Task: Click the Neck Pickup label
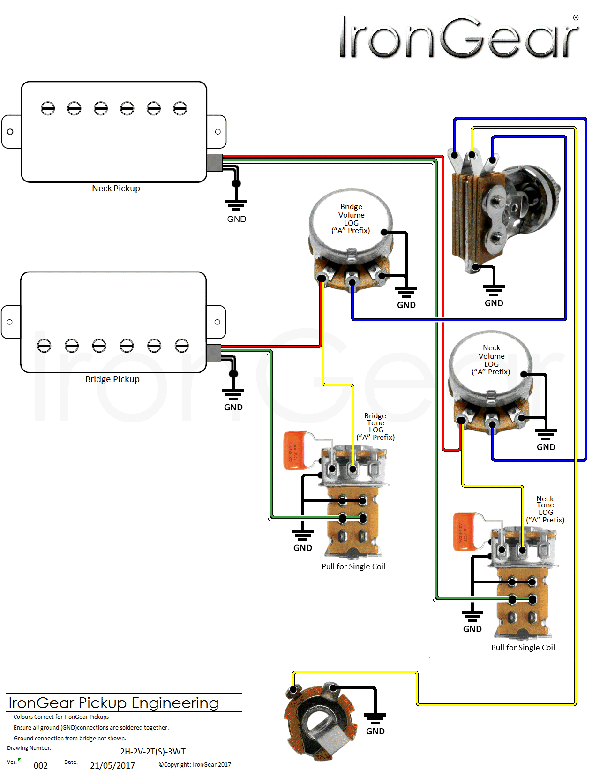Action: click(116, 189)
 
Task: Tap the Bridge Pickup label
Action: click(112, 379)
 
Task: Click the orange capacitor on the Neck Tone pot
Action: click(465, 532)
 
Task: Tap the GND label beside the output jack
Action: click(375, 732)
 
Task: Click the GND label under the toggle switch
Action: click(494, 303)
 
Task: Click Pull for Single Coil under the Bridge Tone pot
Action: click(353, 566)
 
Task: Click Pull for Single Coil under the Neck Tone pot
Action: click(523, 648)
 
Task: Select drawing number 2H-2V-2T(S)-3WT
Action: click(153, 752)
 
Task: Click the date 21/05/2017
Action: click(112, 766)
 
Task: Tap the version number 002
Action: click(41, 766)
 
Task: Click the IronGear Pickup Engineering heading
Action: click(113, 703)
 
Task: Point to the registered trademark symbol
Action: click(576, 18)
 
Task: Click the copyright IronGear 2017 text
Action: click(195, 765)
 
